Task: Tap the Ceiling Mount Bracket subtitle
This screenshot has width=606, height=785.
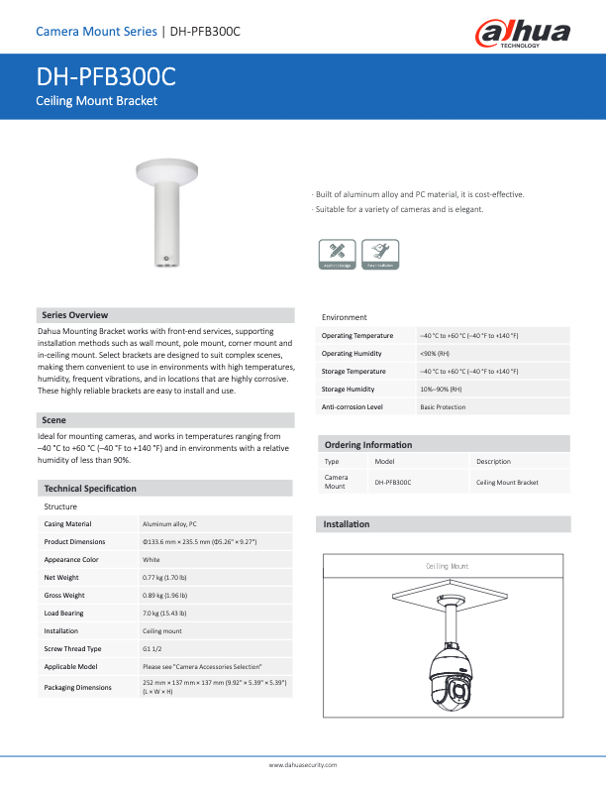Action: (96, 101)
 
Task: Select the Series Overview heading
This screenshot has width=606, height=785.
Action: (74, 314)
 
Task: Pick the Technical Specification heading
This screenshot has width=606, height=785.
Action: (90, 489)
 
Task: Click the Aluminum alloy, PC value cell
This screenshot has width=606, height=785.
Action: (169, 523)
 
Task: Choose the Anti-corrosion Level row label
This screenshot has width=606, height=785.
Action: (353, 406)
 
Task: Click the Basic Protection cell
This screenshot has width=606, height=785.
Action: (443, 406)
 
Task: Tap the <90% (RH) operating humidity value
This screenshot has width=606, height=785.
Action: (435, 353)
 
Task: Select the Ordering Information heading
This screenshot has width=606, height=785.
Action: (368, 444)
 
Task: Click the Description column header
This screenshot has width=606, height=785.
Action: (493, 461)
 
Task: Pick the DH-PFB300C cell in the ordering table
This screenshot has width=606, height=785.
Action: (392, 482)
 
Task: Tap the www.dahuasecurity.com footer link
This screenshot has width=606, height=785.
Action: (303, 765)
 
